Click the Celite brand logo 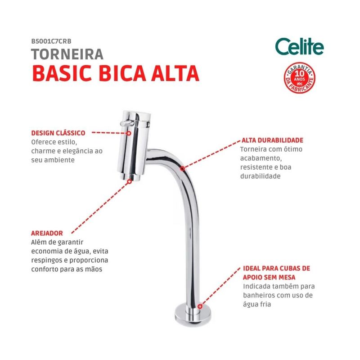(x=299, y=47)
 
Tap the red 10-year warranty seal (x=299, y=78)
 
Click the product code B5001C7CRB (x=51, y=41)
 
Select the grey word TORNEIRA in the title (x=67, y=54)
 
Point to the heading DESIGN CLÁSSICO (x=58, y=133)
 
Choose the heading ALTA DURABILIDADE (x=272, y=140)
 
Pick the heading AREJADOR (x=47, y=233)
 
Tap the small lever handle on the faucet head (x=127, y=123)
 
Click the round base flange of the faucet (x=193, y=315)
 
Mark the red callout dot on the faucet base (x=200, y=306)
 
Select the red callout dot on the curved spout (x=183, y=169)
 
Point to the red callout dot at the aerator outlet (x=130, y=182)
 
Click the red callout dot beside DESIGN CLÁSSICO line (x=129, y=133)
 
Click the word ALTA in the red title (x=175, y=73)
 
